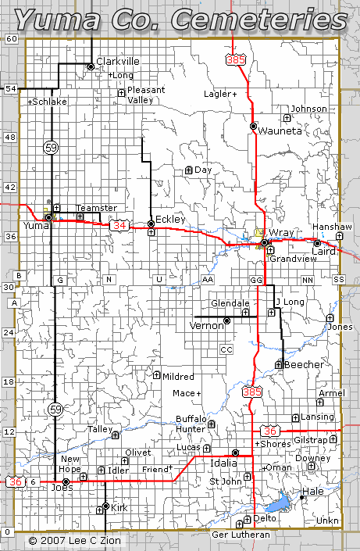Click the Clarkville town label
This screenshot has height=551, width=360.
coord(118,61)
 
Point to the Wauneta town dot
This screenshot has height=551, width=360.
coord(253,126)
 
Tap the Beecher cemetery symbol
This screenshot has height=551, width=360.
coord(279,363)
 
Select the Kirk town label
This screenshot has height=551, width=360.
coord(119,508)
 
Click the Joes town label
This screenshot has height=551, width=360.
coord(62,488)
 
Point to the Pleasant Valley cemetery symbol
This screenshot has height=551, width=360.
coord(121,94)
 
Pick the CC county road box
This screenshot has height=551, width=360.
coord(226,349)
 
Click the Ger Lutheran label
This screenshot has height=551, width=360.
coord(241,535)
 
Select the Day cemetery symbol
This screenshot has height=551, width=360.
coord(188,170)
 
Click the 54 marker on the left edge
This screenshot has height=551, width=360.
coord(11,88)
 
